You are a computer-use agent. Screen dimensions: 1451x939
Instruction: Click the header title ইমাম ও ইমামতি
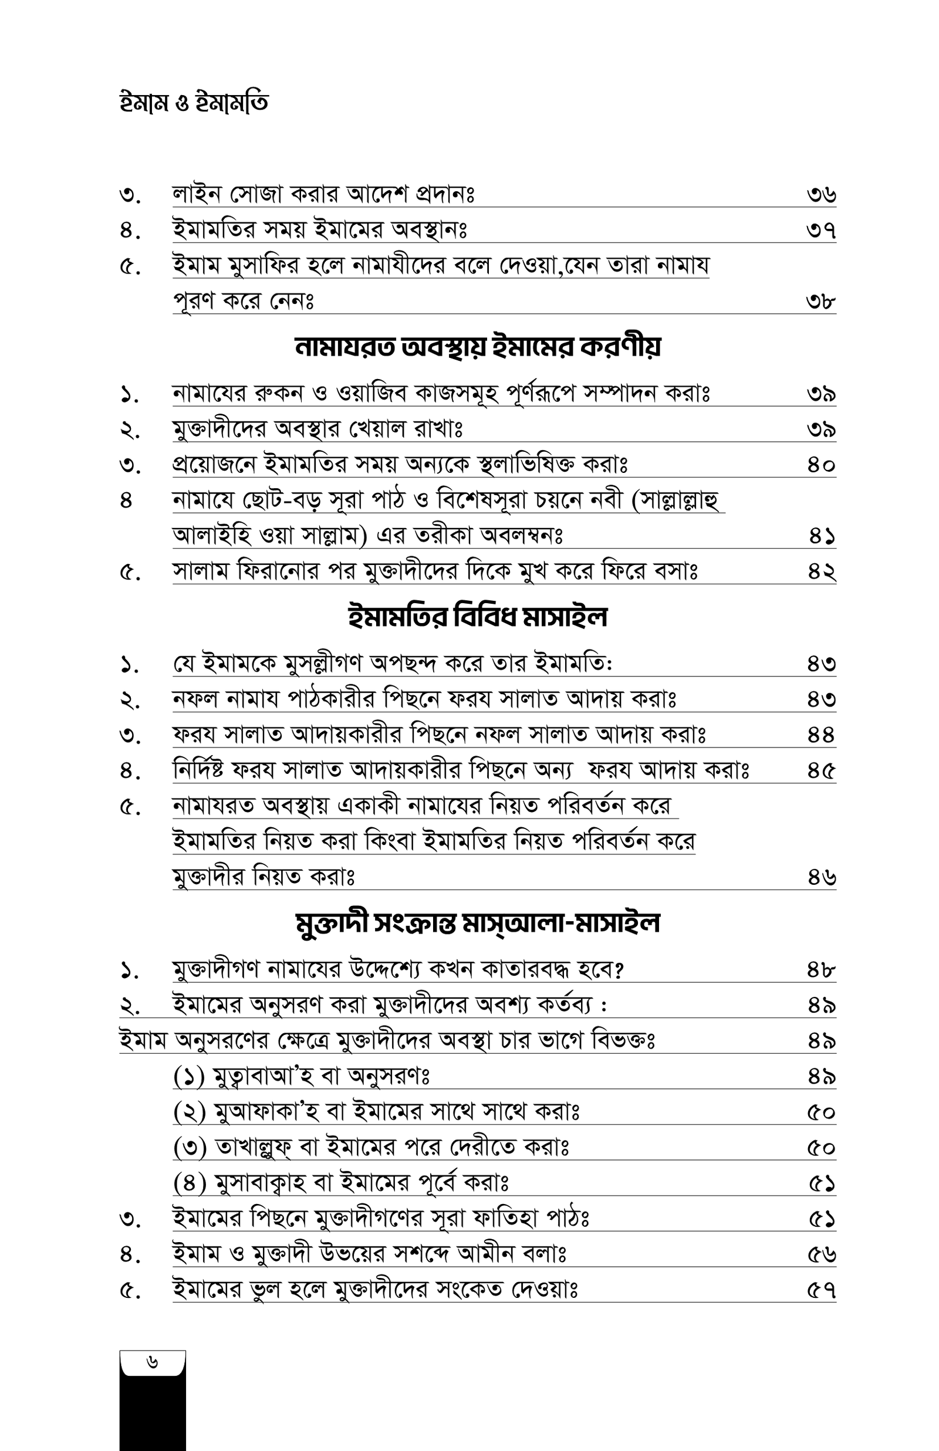click(193, 104)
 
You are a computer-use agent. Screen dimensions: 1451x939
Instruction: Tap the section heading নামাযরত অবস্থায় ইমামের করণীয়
click(478, 347)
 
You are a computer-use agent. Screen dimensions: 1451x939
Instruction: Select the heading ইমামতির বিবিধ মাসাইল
click(478, 617)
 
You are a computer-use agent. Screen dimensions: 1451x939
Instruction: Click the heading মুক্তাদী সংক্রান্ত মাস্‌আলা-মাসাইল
click(478, 924)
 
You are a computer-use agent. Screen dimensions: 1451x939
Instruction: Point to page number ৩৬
click(820, 195)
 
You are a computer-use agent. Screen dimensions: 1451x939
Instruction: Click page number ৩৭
click(820, 231)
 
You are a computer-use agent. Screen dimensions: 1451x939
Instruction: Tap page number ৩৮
click(820, 302)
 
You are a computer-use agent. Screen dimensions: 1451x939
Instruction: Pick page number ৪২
click(820, 572)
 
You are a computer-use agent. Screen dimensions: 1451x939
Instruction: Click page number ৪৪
click(820, 736)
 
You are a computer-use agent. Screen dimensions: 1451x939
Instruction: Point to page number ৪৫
click(820, 771)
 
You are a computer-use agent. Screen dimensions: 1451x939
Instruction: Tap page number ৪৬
click(820, 878)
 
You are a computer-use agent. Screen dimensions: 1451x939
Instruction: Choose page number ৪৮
click(820, 970)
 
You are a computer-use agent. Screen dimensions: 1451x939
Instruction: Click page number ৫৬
click(820, 1255)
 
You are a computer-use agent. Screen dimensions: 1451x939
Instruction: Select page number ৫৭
click(820, 1290)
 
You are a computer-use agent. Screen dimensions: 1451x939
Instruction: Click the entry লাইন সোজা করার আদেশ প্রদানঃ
click(324, 195)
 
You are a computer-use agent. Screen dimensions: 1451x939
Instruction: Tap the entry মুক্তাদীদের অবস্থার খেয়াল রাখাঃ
click(317, 429)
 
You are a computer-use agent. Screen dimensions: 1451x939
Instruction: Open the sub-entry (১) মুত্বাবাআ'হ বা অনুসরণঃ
click(302, 1077)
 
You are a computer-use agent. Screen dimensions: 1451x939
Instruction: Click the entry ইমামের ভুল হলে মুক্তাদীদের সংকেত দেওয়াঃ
click(375, 1290)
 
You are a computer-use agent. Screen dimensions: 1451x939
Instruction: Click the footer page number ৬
click(153, 1362)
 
